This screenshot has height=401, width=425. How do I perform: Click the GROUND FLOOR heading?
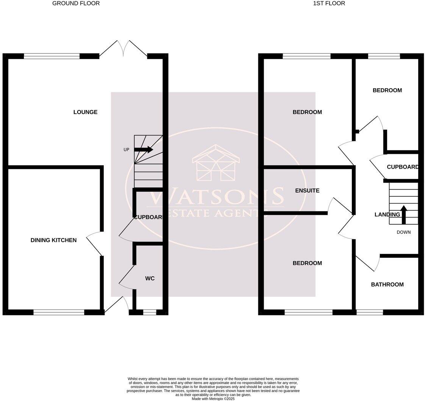point(76,3)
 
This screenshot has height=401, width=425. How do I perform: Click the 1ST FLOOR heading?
point(329,3)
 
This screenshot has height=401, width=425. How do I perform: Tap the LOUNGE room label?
point(85,112)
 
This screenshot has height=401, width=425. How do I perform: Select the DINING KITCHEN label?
point(53,240)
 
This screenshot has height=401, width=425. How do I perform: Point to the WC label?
point(150,279)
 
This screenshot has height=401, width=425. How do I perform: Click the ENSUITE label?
point(307,191)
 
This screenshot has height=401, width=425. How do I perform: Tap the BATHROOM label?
point(387,285)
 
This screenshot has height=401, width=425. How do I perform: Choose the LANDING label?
point(387,215)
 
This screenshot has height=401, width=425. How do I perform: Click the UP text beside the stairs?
point(127,150)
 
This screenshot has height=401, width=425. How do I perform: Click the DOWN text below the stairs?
point(403,232)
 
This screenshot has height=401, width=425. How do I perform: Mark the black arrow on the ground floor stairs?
point(144,150)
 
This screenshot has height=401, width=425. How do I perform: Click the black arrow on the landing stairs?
point(404,215)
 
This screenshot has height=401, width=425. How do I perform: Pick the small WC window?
point(150,312)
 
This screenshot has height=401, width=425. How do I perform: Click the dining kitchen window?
point(59,312)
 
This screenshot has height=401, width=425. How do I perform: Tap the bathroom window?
point(370,312)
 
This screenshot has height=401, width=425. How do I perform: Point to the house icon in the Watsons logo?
point(216,163)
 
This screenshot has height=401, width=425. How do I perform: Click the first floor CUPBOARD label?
point(402,167)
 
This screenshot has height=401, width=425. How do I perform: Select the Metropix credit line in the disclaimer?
point(213,399)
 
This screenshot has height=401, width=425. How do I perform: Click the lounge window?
point(52,56)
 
